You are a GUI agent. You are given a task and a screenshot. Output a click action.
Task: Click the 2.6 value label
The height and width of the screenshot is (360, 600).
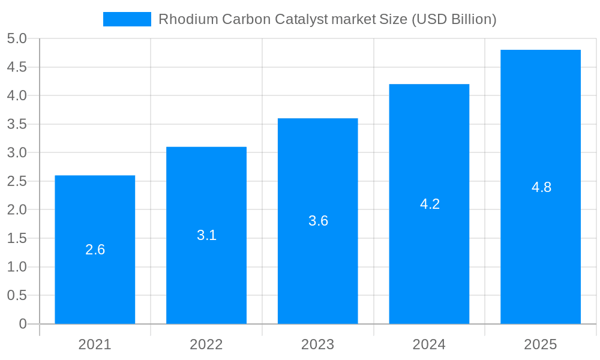95,250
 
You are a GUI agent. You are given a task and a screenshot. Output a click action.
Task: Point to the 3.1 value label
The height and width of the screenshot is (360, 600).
206,235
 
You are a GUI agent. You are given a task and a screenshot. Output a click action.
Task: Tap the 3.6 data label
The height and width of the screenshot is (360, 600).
318,221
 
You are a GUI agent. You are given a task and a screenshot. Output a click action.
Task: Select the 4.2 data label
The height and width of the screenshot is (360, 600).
430,204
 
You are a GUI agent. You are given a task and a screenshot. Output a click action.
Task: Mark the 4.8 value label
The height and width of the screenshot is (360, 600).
541,187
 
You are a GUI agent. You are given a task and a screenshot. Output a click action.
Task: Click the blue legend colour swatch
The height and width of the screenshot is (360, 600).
127,19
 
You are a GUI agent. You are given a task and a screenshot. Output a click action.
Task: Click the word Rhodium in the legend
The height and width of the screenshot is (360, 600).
188,19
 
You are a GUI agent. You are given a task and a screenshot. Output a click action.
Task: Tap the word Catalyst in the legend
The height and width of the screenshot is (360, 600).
301,19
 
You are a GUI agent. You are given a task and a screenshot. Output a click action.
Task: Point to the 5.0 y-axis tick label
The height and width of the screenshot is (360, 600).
17,38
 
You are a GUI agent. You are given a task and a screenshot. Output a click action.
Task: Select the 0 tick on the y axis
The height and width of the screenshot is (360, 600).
23,324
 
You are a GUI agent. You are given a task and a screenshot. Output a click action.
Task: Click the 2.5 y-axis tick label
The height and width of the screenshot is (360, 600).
17,181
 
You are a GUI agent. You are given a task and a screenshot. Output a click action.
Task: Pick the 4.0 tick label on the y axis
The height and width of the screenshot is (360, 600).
17,95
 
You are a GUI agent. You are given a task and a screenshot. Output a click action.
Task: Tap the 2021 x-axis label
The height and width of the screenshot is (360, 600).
95,344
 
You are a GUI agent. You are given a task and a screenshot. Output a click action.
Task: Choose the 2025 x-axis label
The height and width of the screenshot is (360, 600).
541,344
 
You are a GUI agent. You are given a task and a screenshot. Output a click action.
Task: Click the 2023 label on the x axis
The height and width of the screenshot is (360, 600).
318,344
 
